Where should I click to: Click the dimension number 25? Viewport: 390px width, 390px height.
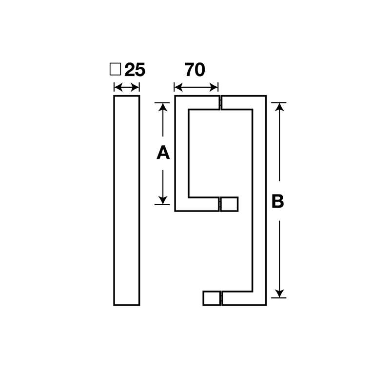135,70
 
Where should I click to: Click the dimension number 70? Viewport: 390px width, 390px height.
195,70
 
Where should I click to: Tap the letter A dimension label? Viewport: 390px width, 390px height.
163,153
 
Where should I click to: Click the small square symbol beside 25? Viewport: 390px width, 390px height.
115,69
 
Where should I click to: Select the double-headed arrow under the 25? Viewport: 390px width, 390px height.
127,87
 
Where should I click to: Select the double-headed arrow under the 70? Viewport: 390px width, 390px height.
196,87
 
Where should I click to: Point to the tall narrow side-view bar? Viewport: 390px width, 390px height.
127,200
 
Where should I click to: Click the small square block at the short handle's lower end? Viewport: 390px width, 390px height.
231,204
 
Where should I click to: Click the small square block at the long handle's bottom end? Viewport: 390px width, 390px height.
211,298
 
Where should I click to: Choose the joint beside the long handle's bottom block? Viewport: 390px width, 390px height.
222,298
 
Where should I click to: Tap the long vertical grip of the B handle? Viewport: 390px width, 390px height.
259,200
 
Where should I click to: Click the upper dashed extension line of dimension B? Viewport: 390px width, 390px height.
278,102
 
